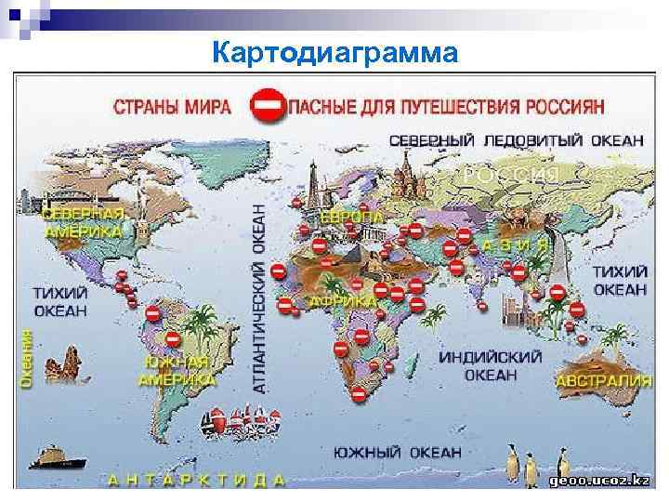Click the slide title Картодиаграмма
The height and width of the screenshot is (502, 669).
click(x=334, y=53)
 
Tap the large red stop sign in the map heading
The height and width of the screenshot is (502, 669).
click(x=267, y=106)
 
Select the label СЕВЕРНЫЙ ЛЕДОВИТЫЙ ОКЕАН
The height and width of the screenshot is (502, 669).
click(x=516, y=139)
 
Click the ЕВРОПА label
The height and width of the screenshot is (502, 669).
click(x=352, y=216)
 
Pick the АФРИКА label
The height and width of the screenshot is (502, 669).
click(x=343, y=302)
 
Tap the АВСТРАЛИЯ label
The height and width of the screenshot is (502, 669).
click(x=604, y=381)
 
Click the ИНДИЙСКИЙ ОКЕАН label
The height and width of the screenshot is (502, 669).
click(x=490, y=365)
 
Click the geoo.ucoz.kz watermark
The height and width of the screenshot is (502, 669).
click(x=598, y=480)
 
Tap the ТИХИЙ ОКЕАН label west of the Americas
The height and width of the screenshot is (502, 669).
click(x=60, y=300)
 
